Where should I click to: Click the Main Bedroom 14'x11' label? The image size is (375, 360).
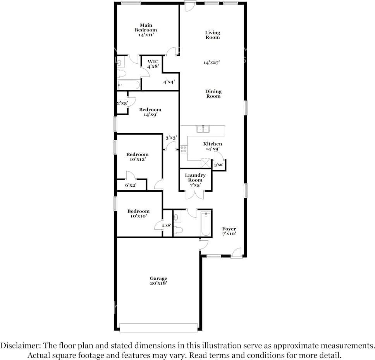pyautogui.click(x=146, y=30)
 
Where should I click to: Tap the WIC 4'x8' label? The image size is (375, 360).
pyautogui.click(x=153, y=64)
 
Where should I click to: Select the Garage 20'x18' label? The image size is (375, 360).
pyautogui.click(x=158, y=281)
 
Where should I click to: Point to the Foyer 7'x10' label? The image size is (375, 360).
pyautogui.click(x=229, y=231)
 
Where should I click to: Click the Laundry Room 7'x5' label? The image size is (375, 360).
pyautogui.click(x=195, y=180)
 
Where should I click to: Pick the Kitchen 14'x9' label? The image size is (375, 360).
pyautogui.click(x=212, y=146)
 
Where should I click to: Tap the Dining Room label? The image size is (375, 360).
pyautogui.click(x=213, y=93)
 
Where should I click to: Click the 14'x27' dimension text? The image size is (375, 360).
pyautogui.click(x=212, y=63)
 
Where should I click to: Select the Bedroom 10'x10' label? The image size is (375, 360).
pyautogui.click(x=138, y=214)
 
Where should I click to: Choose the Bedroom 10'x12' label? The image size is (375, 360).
pyautogui.click(x=138, y=157)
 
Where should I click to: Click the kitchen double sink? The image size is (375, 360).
pyautogui.click(x=203, y=129)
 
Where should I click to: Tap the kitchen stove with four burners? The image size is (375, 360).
pyautogui.click(x=184, y=149)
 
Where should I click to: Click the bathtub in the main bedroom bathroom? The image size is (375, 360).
pyautogui.click(x=129, y=85)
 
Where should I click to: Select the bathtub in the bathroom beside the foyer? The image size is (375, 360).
pyautogui.click(x=206, y=224)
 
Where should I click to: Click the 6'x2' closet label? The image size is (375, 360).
pyautogui.click(x=131, y=185)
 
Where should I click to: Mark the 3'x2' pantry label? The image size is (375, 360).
pyautogui.click(x=218, y=165)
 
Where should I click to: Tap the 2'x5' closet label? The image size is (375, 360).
pyautogui.click(x=122, y=103)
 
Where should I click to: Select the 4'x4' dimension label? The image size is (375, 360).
pyautogui.click(x=169, y=82)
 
